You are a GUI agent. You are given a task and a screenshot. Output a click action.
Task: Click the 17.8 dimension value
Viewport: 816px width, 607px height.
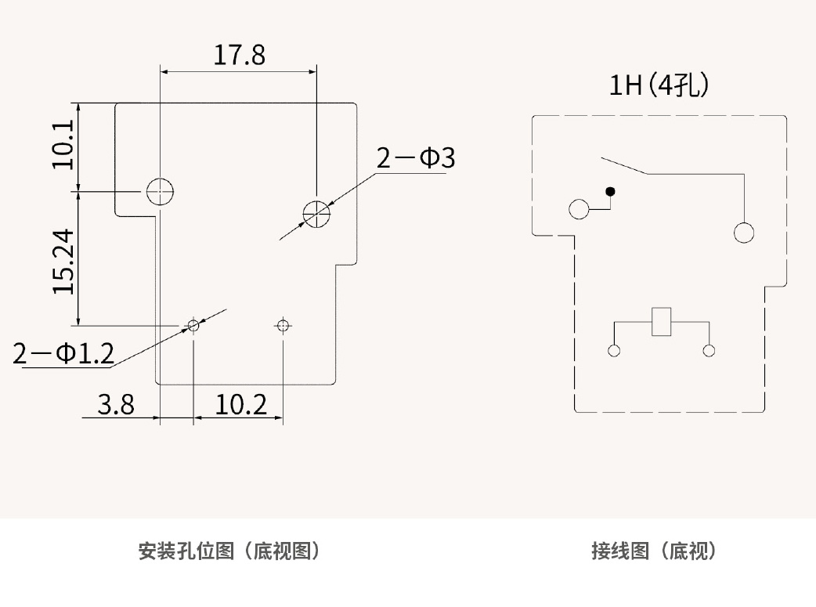click(x=240, y=55)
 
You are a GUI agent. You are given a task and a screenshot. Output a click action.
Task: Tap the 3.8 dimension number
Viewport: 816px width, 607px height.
click(x=116, y=405)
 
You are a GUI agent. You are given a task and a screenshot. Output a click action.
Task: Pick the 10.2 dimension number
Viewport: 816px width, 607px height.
click(x=241, y=405)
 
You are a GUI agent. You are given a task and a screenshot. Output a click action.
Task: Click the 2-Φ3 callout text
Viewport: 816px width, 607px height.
click(x=415, y=158)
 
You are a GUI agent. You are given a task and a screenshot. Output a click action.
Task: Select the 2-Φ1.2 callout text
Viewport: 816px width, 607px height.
click(x=63, y=354)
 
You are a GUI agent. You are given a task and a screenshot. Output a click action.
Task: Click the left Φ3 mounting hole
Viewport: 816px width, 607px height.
click(x=160, y=190)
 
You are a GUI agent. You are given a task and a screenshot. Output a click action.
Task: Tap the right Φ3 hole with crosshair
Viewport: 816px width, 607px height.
click(x=316, y=212)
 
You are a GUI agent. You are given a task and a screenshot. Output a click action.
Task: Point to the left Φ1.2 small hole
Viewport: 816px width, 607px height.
click(x=193, y=324)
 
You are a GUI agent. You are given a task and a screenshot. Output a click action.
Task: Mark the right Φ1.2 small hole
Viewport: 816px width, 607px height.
click(x=283, y=324)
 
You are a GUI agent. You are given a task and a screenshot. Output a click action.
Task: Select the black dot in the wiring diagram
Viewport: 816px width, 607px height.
click(x=610, y=191)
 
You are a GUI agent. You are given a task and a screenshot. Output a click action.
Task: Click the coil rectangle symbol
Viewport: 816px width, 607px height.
click(x=662, y=322)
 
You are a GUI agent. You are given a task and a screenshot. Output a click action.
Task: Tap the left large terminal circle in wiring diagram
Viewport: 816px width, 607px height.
click(x=580, y=210)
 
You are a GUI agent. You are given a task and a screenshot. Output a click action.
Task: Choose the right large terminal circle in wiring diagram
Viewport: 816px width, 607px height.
click(x=743, y=233)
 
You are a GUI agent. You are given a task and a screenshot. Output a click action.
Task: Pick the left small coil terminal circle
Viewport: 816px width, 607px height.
click(x=614, y=351)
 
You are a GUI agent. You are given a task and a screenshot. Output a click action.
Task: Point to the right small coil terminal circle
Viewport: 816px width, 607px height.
click(x=709, y=351)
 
